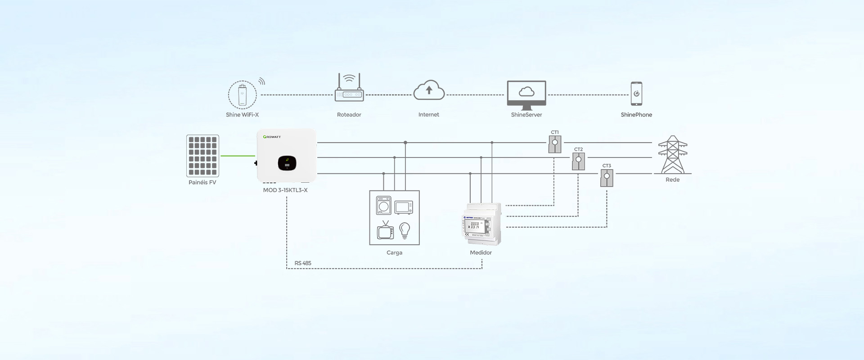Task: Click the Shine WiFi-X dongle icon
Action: [242, 95]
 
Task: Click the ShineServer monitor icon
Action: [526, 94]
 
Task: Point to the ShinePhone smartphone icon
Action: [636, 94]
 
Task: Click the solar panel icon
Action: [202, 156]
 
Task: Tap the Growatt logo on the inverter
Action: [272, 137]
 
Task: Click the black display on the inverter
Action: [287, 163]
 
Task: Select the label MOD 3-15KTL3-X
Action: [285, 190]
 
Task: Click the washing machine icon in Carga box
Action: [383, 205]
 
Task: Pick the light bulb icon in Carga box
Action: [405, 230]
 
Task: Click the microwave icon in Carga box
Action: [404, 207]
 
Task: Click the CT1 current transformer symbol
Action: [555, 144]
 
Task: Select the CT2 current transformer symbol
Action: [578, 161]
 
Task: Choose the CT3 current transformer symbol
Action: [607, 178]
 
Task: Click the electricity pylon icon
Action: [673, 155]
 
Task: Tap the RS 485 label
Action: [303, 263]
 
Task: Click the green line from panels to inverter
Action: [238, 156]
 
